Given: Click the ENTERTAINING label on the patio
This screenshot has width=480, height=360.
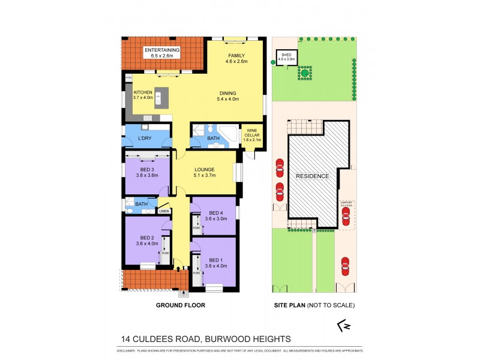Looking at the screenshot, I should (162, 50).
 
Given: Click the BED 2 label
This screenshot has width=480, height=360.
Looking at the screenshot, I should (146, 241).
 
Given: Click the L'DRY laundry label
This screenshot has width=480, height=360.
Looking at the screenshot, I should (144, 139).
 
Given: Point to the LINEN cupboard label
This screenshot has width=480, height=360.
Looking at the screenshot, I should (164, 211).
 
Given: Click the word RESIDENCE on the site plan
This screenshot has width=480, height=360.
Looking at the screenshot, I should (311, 176).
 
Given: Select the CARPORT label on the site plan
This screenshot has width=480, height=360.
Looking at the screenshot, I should (346, 203).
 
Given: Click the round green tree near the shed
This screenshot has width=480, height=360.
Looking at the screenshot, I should (305, 73).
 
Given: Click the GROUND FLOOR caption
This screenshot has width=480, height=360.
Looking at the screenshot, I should (181, 305).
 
